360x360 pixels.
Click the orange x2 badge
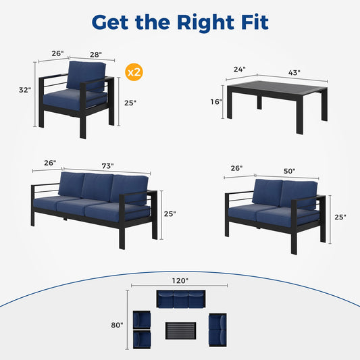pyautogui.click(x=134, y=72)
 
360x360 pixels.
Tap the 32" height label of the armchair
pyautogui.click(x=25, y=90)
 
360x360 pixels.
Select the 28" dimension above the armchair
pyautogui.click(x=96, y=55)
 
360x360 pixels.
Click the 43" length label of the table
pyautogui.click(x=294, y=73)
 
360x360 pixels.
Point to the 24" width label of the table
pyautogui.click(x=240, y=69)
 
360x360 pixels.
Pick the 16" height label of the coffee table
pyautogui.click(x=216, y=102)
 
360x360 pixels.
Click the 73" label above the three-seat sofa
pyautogui.click(x=107, y=165)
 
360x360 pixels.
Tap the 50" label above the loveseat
pyautogui.click(x=289, y=171)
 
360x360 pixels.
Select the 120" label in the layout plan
pyautogui.click(x=180, y=280)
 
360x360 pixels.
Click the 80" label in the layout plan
pyautogui.click(x=117, y=325)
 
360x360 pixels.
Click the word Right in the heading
pyautogui.click(x=205, y=22)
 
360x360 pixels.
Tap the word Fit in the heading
pyautogui.click(x=255, y=22)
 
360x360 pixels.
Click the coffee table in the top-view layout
pyautogui.click(x=181, y=330)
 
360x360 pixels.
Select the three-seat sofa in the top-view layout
pyautogui.click(x=181, y=299)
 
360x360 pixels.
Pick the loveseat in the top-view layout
pyautogui.click(x=217, y=330)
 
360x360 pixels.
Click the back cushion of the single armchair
pyautogui.click(x=86, y=75)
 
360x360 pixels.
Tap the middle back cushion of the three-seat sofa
pyautogui.click(x=97, y=187)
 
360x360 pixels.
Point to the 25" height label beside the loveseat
pyautogui.click(x=340, y=217)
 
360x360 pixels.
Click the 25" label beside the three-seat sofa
pyautogui.click(x=170, y=213)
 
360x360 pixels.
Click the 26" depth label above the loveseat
pyautogui.click(x=236, y=168)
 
